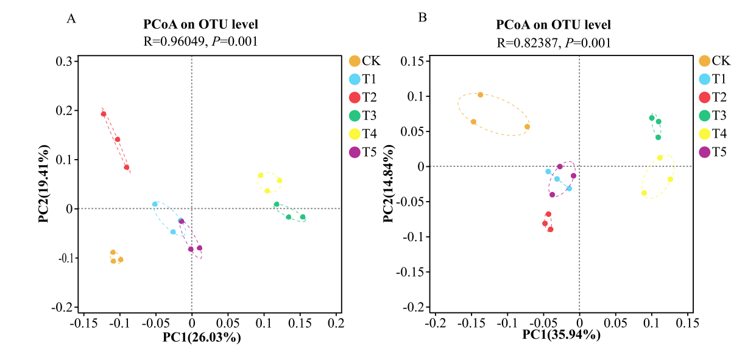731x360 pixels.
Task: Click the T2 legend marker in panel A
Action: point(355,97)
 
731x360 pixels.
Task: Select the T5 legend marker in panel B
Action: point(705,152)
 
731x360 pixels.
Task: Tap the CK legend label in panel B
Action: point(721,61)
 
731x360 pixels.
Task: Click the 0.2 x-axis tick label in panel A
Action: point(336,323)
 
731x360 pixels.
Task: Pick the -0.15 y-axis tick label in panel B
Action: point(411,272)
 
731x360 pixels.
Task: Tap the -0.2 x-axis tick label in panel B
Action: point(436,323)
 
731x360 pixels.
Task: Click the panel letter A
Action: point(71,19)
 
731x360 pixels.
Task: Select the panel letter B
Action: point(422,17)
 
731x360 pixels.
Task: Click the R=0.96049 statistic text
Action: point(174,41)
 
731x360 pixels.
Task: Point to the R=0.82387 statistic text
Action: point(528,43)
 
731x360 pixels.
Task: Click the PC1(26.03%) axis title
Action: point(202,337)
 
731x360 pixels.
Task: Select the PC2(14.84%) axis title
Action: point(388,184)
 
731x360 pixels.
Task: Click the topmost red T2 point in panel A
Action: point(104,114)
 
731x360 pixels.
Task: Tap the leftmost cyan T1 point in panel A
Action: point(155,204)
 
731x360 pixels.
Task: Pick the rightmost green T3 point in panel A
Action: point(303,217)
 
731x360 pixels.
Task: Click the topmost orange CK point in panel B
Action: point(481,94)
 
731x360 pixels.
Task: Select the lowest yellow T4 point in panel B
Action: point(644,193)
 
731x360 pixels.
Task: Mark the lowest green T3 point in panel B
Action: point(659,138)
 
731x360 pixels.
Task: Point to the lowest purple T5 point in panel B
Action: point(552,194)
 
